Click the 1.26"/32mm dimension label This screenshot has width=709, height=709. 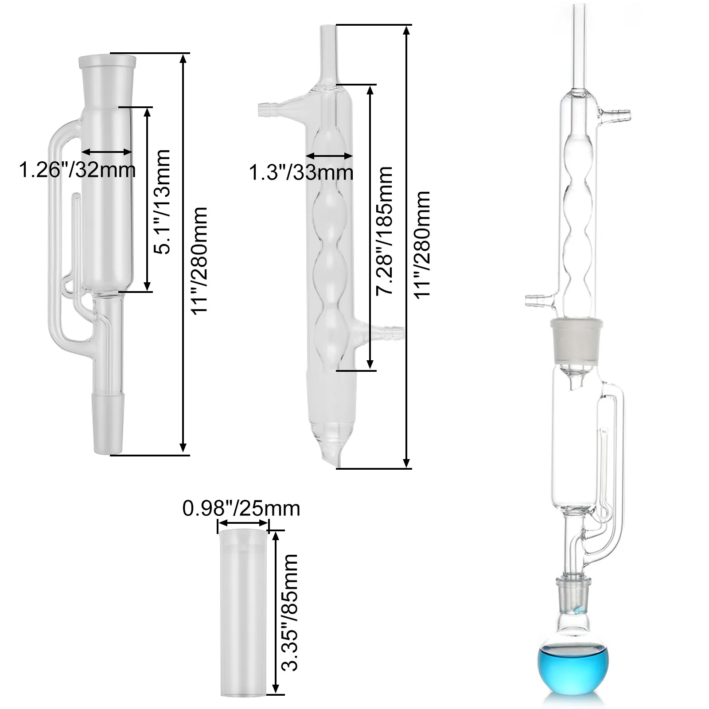(x=77, y=169)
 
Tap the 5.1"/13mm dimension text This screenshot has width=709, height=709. (x=161, y=202)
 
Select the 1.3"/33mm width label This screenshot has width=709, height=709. (x=301, y=172)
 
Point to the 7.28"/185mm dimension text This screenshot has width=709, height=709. (x=384, y=230)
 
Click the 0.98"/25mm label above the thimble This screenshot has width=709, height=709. (x=242, y=508)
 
